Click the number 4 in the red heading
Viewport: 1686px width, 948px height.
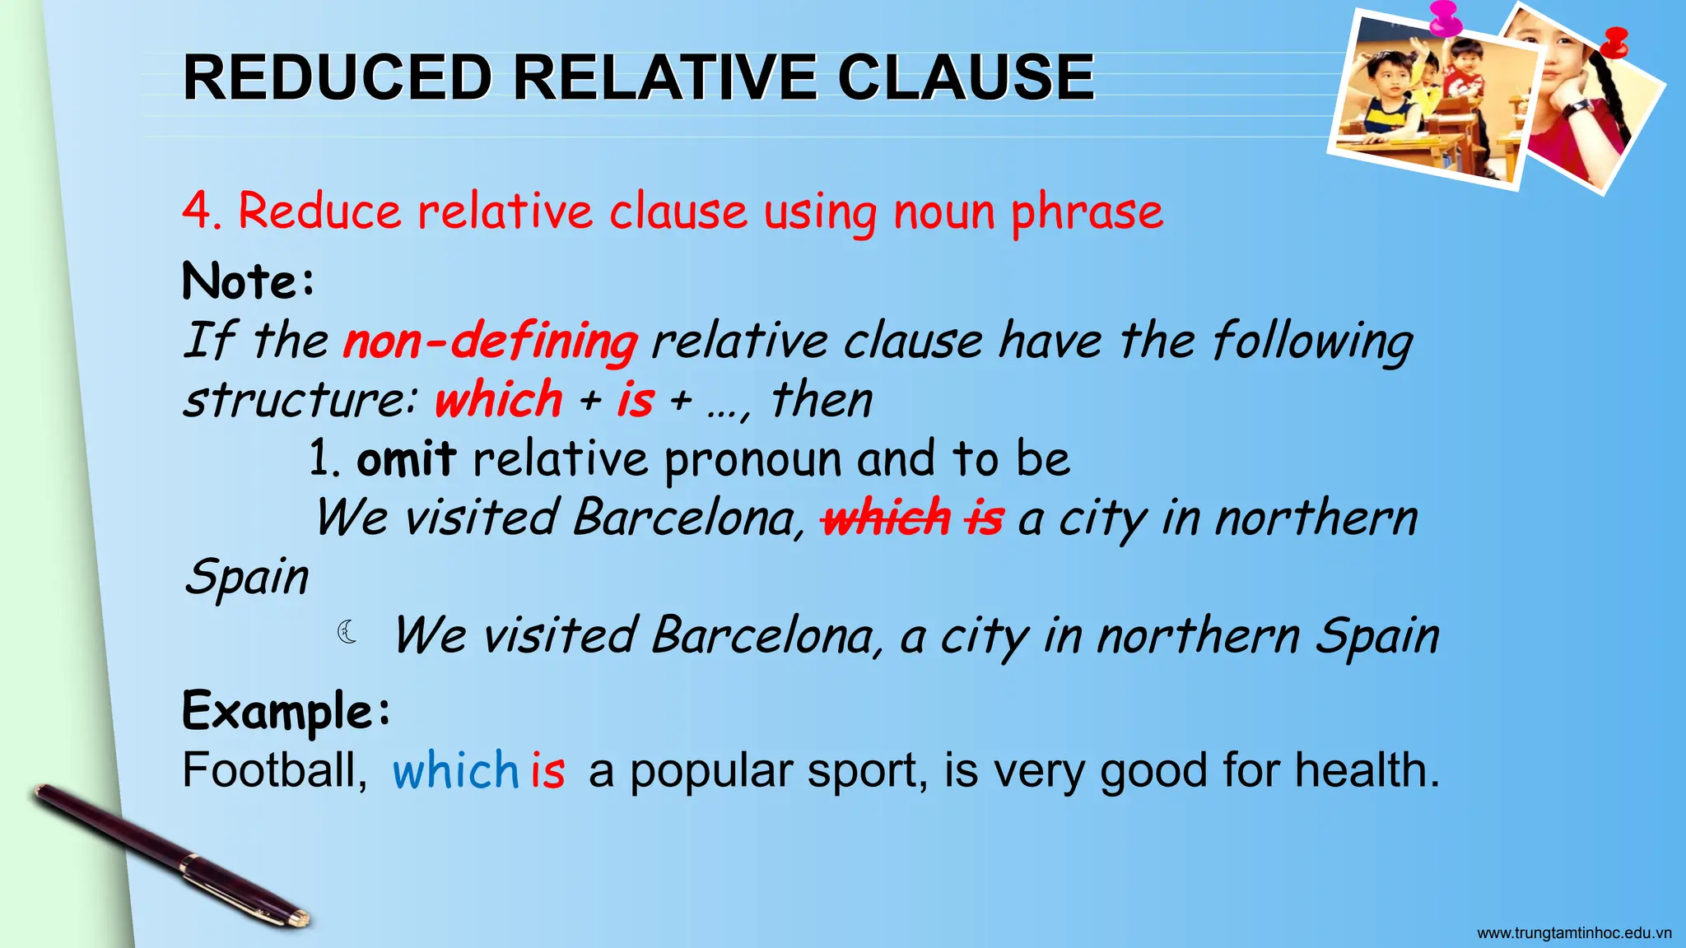(197, 211)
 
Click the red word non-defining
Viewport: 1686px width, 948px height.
(491, 341)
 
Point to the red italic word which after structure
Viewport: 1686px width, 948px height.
(498, 400)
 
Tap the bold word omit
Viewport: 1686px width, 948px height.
(406, 459)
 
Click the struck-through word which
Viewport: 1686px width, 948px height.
(887, 518)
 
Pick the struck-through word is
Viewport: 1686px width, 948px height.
(985, 518)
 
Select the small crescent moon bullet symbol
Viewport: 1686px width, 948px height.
(347, 632)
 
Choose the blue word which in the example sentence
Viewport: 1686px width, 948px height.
(455, 771)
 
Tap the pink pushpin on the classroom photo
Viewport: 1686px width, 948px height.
(1445, 18)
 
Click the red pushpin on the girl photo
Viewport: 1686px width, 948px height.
(1616, 41)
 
